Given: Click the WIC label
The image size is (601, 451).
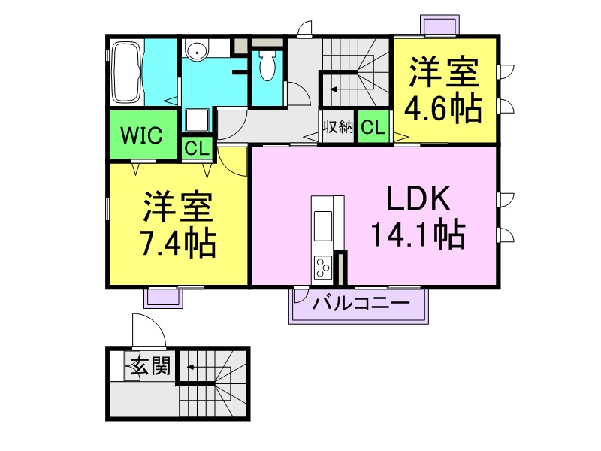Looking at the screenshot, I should pos(142,135).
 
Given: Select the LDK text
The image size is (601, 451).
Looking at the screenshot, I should pos(418,199).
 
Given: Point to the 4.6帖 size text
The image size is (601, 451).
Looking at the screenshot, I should pos(443,109).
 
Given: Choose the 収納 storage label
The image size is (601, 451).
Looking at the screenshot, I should pos(337,126).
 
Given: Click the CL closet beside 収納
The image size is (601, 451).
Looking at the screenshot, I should pos(373,127).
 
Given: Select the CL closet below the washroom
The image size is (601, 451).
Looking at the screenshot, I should pos(197,147).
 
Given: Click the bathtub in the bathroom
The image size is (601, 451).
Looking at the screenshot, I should pos(125,74).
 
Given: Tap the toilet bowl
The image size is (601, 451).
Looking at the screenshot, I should pos(267,66).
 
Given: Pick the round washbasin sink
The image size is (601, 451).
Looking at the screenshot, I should pos(197,51).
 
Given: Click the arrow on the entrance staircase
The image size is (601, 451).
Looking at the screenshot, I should pos(192,368).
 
